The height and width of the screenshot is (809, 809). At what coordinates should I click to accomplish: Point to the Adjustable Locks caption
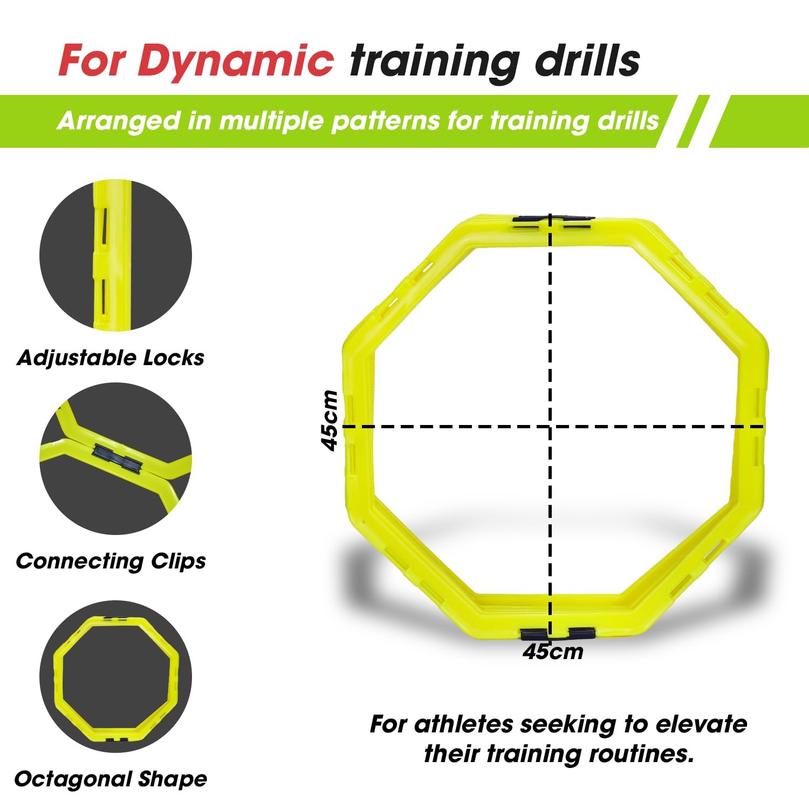click(x=111, y=358)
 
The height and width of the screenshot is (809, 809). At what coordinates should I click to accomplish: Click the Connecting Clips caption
click(x=111, y=561)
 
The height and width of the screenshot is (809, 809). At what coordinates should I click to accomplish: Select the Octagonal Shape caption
click(x=111, y=779)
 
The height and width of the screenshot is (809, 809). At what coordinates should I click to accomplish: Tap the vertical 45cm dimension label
click(x=329, y=420)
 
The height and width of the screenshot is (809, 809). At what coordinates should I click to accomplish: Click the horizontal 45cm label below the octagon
click(x=553, y=652)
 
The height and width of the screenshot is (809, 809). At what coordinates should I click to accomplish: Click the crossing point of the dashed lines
click(x=550, y=427)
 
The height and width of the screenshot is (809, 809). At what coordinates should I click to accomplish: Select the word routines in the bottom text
click(x=641, y=753)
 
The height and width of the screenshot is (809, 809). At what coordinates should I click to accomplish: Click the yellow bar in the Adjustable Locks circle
click(x=112, y=255)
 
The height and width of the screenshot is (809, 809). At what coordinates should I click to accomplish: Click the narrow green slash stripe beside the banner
click(x=693, y=121)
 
